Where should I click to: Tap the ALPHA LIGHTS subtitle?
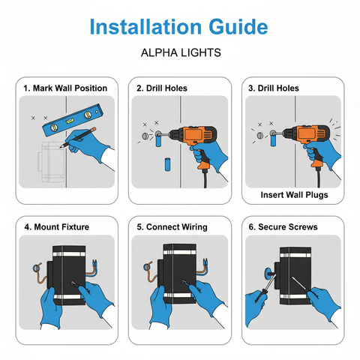[x=179, y=54]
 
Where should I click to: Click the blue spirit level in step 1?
[x=70, y=118]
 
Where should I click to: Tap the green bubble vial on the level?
[x=70, y=118]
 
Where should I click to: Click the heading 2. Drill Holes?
[x=161, y=88]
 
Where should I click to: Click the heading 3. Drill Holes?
[x=273, y=88]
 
